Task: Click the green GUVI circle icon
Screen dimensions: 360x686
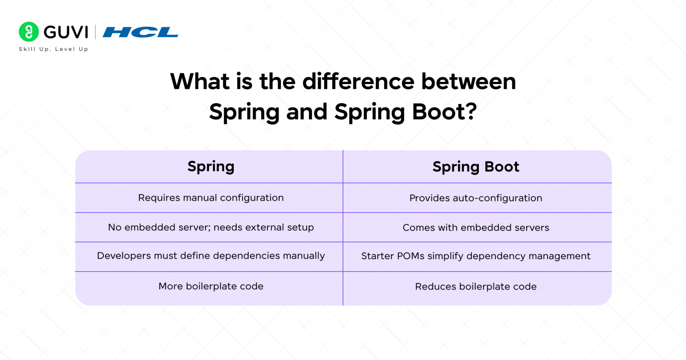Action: (29, 32)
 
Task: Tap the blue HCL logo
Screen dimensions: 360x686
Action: (140, 32)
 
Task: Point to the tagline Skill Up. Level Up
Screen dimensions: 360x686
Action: (54, 49)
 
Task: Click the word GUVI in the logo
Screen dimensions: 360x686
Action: (66, 32)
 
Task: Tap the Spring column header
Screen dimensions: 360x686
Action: (211, 167)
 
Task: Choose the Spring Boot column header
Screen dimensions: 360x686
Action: (476, 167)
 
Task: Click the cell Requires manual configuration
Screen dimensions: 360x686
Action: (211, 198)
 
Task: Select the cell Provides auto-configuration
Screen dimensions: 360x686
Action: (476, 198)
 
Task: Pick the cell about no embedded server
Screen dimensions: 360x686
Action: (211, 227)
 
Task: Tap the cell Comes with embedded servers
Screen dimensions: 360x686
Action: (476, 228)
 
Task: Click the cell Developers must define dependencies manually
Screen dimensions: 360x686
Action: (211, 256)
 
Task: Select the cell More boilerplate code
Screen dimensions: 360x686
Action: (211, 286)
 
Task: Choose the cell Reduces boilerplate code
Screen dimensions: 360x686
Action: (476, 287)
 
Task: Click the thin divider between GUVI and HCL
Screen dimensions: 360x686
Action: (95, 32)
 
